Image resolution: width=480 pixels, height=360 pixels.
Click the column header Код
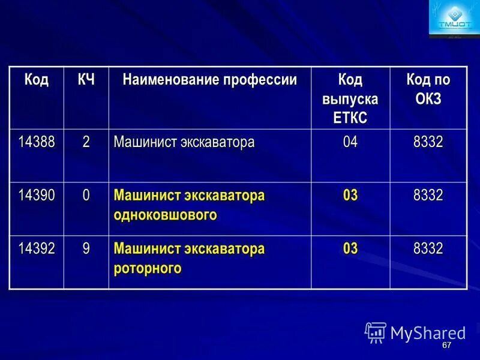click(36, 80)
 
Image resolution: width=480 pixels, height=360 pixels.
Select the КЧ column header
click(86, 80)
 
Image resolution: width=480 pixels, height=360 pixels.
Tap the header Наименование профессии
click(209, 80)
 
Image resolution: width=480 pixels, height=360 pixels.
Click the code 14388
click(36, 143)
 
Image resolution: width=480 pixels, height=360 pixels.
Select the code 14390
click(36, 196)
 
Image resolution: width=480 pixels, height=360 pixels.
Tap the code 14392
click(36, 248)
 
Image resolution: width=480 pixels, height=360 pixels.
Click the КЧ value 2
click(86, 143)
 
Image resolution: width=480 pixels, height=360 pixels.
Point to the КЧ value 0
click(86, 196)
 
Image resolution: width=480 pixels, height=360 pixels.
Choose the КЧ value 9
click(86, 248)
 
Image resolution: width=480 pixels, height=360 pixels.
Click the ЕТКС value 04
click(350, 143)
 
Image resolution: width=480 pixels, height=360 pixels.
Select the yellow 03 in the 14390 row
click(350, 196)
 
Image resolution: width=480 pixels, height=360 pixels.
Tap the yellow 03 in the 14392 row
click(350, 248)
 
